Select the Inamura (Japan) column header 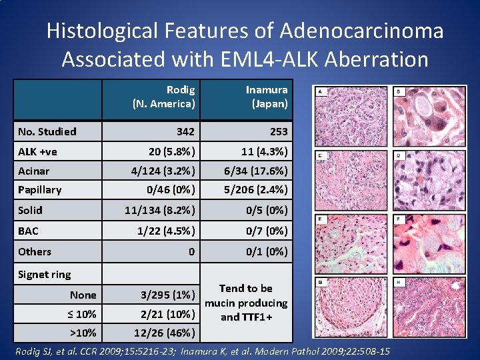[266, 97]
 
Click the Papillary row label [40, 189]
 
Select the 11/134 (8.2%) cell [160, 210]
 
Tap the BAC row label [28, 231]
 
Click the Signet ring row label [44, 274]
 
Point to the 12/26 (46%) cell [165, 333]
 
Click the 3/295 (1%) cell [167, 295]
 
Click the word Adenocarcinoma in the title [361, 31]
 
